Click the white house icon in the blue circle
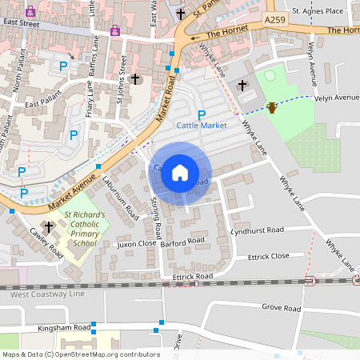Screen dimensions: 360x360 180,172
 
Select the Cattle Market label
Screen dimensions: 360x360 202,126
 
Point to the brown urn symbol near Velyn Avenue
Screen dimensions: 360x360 272,107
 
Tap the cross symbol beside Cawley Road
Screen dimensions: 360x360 49,227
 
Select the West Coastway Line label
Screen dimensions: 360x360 46,294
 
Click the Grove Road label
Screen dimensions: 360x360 281,308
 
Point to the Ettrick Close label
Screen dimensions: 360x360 269,257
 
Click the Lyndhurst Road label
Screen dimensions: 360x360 257,230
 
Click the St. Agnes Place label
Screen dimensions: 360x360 317,11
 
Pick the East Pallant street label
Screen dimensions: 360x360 43,104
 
